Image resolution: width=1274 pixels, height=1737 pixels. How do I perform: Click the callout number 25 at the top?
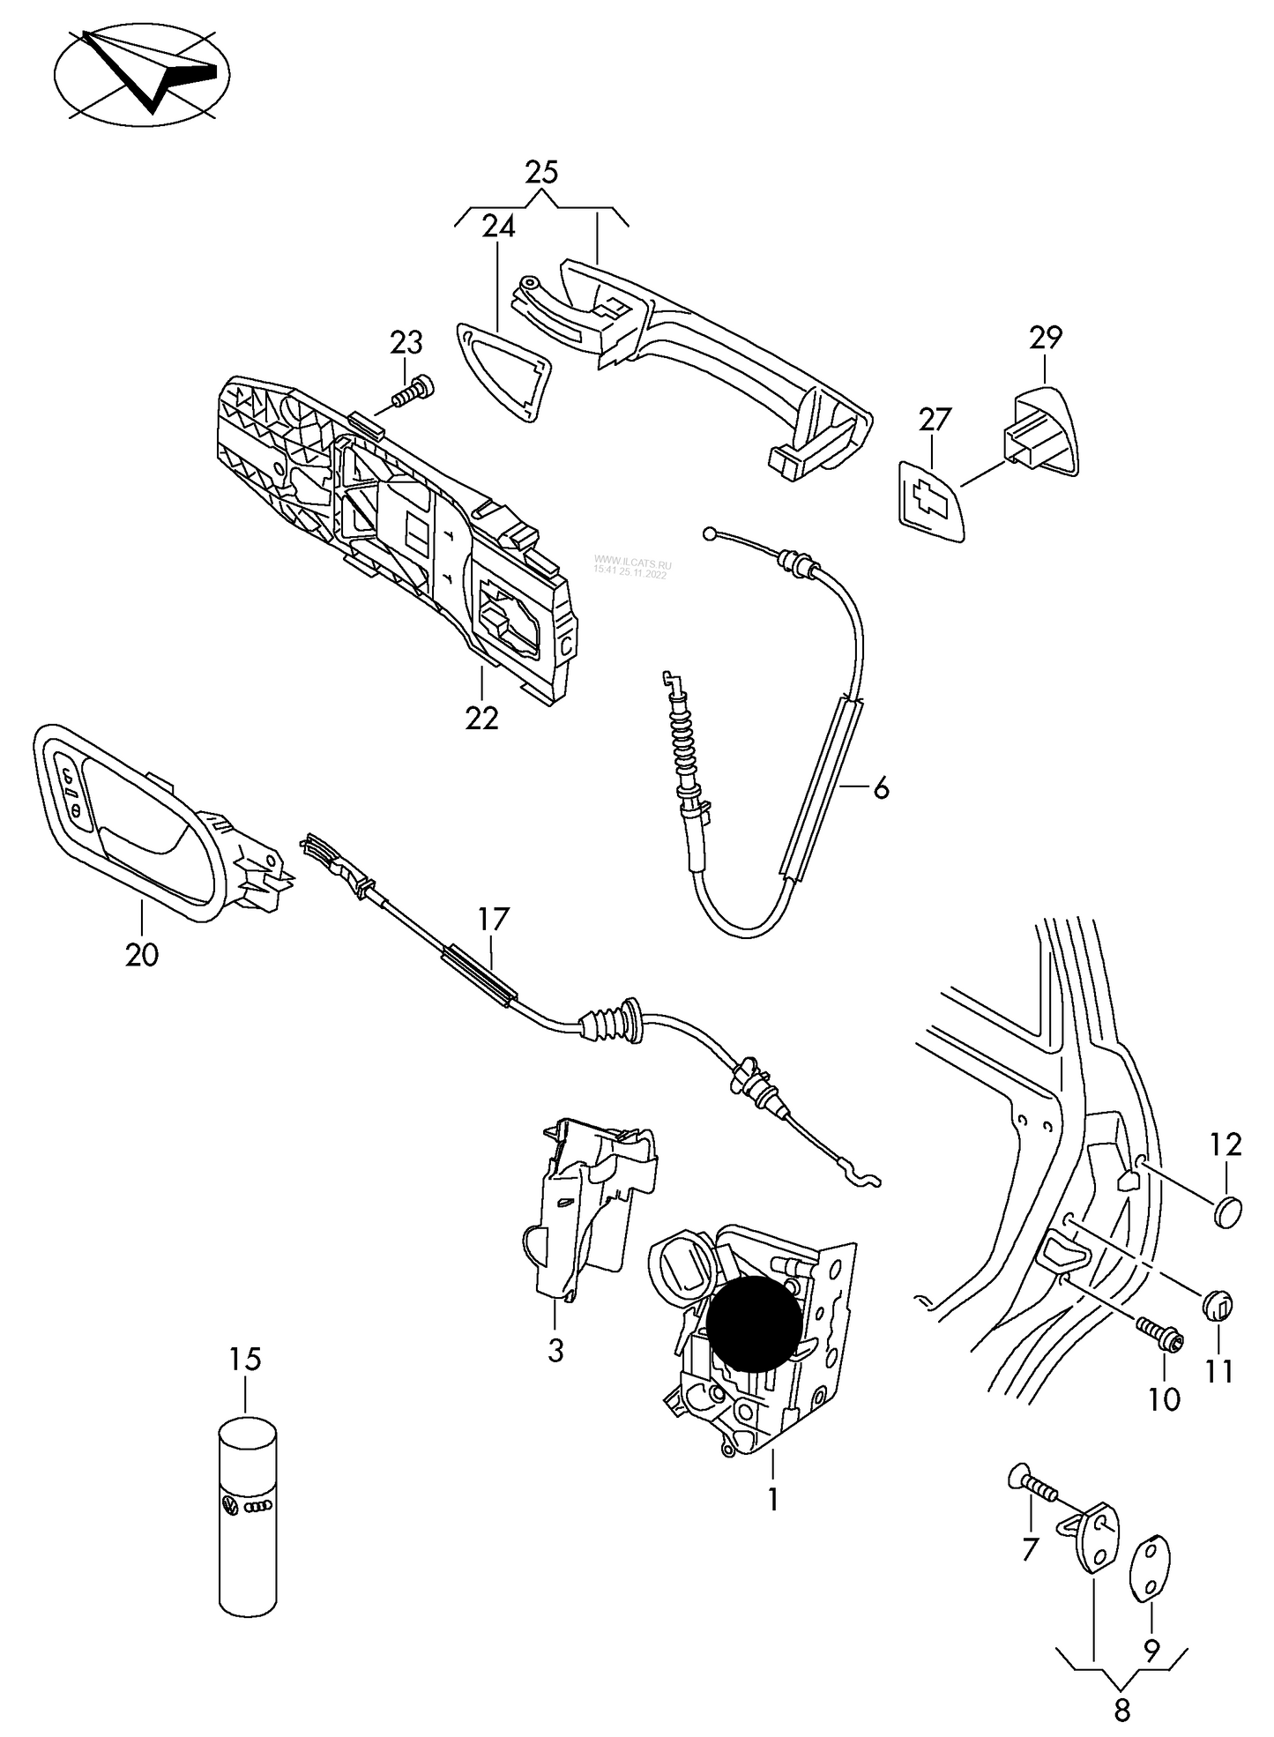tap(541, 172)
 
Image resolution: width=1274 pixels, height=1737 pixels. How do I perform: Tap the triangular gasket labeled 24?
tap(502, 371)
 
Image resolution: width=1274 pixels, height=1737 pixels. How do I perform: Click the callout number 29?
tap(1046, 337)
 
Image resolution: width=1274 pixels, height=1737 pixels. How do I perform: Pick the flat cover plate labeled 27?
tap(931, 499)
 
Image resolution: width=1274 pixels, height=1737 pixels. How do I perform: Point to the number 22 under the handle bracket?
tap(482, 718)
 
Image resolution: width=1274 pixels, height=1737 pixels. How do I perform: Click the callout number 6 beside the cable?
tap(881, 788)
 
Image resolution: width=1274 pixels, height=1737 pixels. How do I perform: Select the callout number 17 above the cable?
tap(494, 919)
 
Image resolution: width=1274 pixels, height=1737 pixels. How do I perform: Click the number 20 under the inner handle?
tap(142, 954)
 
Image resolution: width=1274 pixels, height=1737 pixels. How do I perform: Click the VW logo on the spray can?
tap(230, 1506)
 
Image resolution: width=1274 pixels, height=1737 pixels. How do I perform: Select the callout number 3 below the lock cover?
tap(555, 1351)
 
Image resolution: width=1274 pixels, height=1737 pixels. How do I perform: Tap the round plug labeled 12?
tap(1226, 1211)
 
